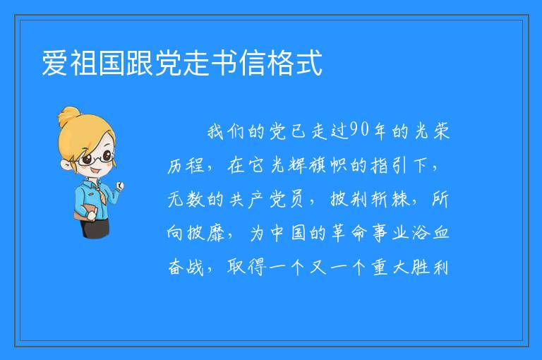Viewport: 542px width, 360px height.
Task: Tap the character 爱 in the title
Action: pyautogui.click(x=54, y=63)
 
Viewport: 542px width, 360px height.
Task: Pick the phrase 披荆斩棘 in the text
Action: pyautogui.click(x=369, y=199)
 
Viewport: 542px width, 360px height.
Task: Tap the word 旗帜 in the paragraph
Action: pyautogui.click(x=328, y=165)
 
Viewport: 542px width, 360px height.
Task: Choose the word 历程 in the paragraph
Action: pyautogui.click(x=186, y=165)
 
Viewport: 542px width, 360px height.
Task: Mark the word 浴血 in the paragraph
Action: pyautogui.click(x=430, y=233)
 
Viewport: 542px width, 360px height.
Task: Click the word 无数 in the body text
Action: pyautogui.click(x=186, y=199)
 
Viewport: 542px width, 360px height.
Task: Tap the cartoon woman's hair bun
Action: pyautogui.click(x=69, y=115)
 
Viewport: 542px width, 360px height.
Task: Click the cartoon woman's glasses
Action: pyautogui.click(x=96, y=159)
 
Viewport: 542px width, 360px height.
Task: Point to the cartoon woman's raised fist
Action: pyautogui.click(x=120, y=186)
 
